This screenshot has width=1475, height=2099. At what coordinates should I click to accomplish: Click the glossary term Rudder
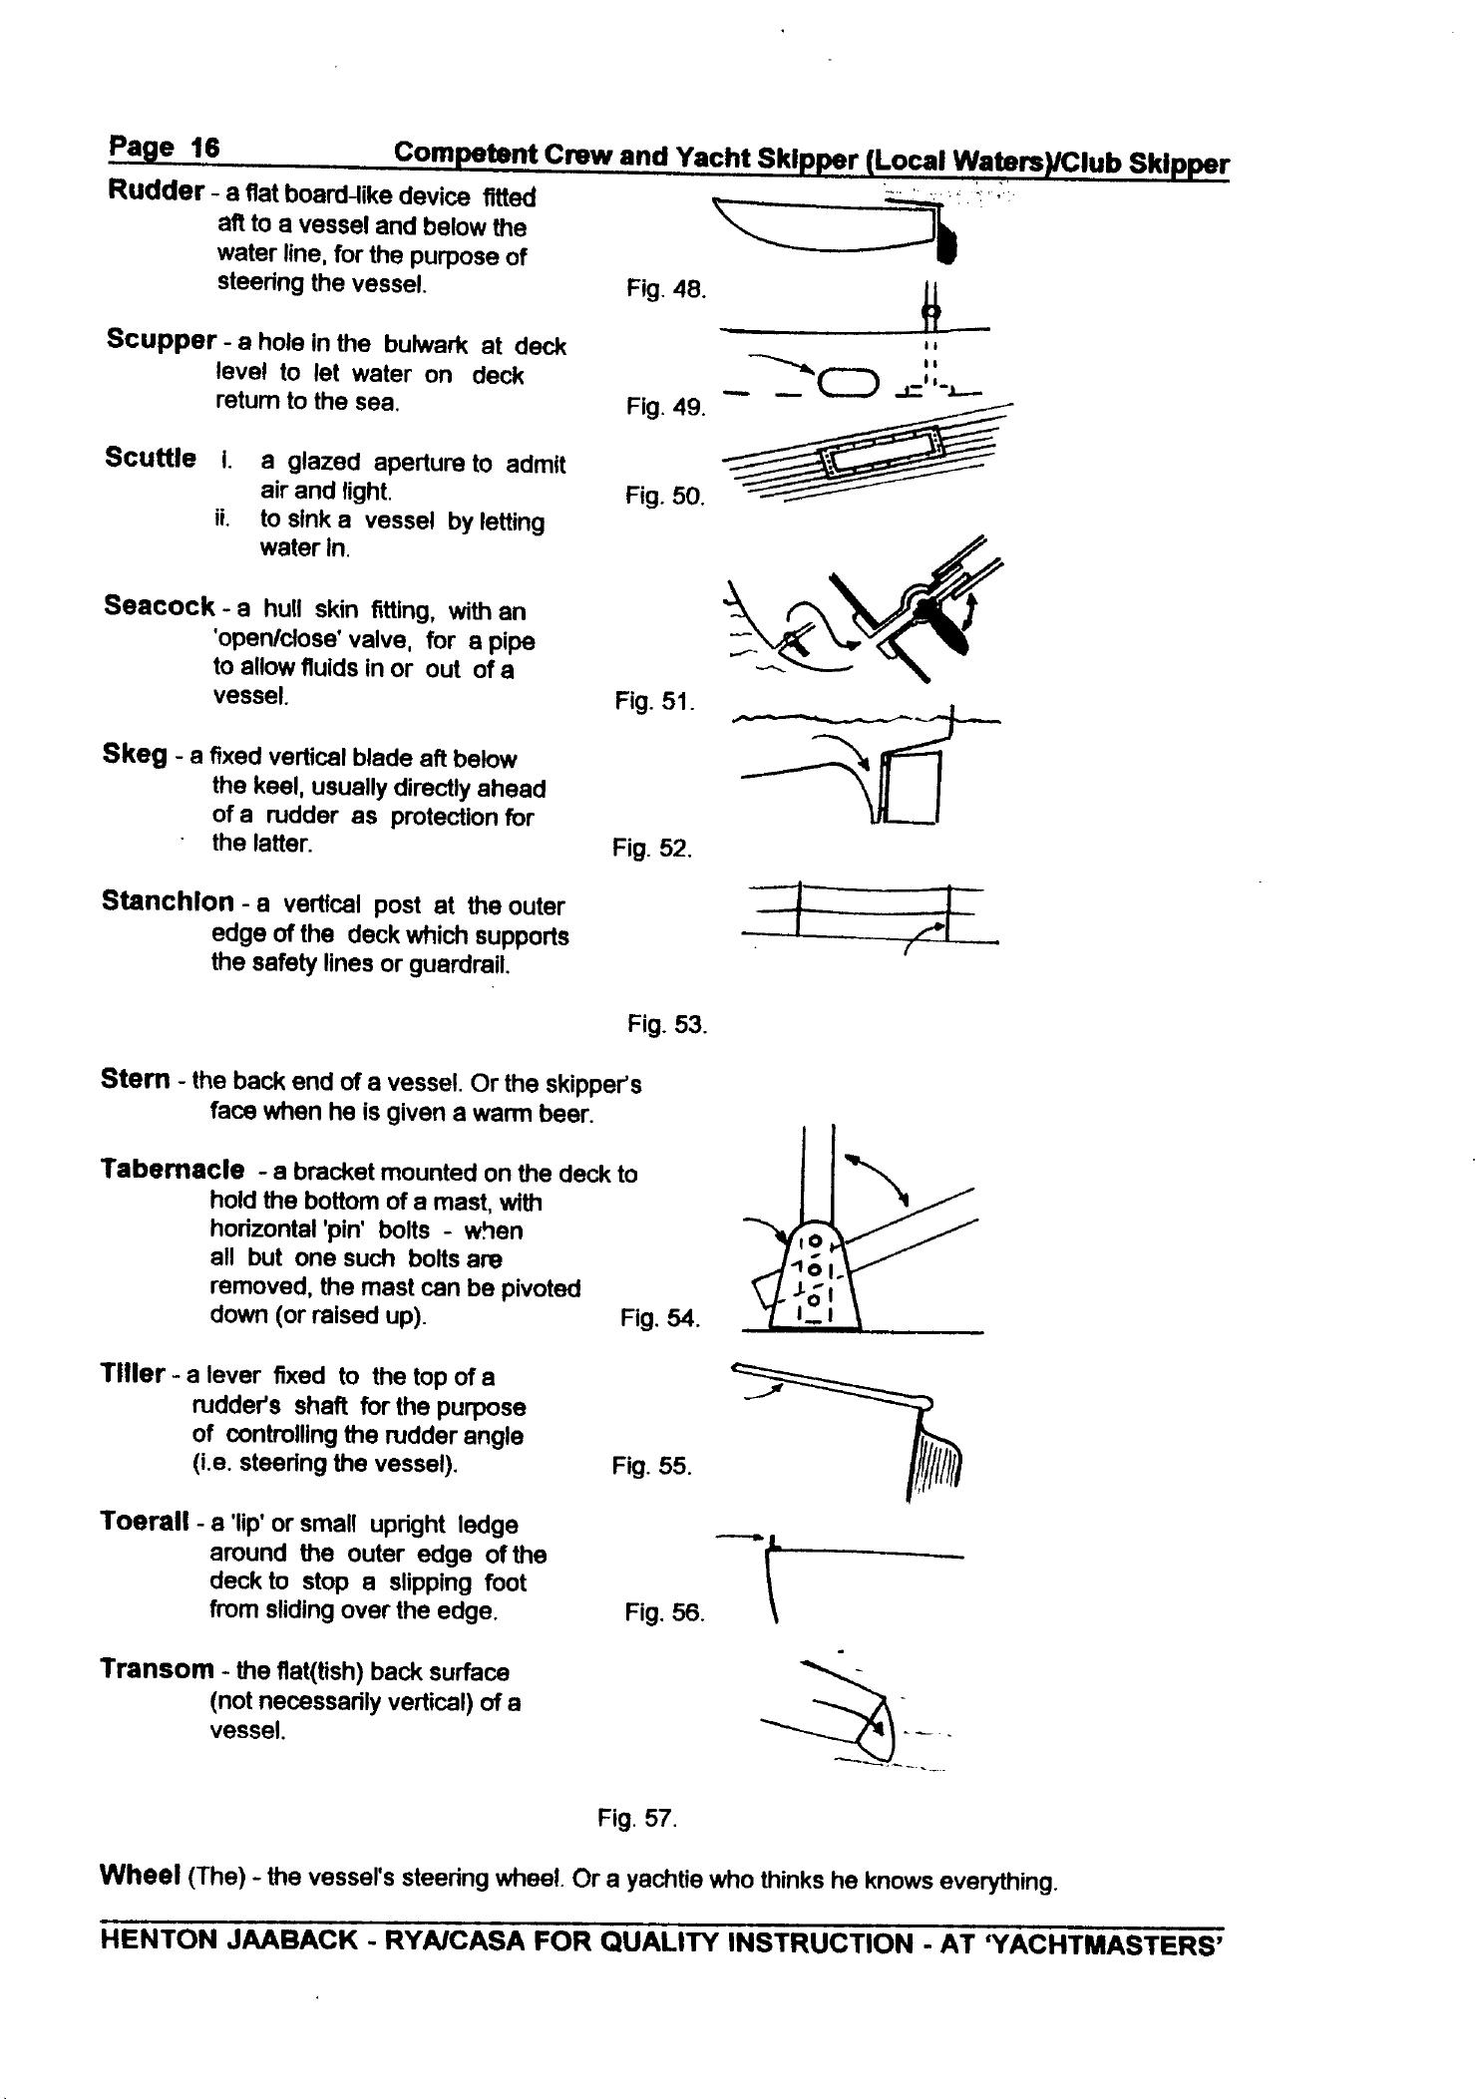tap(155, 191)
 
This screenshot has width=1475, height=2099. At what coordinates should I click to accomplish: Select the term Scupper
tap(161, 340)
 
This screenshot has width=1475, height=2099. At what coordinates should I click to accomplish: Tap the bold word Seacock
tap(159, 606)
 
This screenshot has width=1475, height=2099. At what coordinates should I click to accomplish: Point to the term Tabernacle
tap(172, 1169)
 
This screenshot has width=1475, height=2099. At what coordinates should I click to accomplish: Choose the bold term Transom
tap(157, 1669)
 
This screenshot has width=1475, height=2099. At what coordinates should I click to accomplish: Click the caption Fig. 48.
tap(665, 290)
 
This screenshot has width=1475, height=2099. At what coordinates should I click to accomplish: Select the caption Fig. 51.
tap(654, 702)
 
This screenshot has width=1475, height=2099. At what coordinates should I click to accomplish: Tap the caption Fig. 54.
tap(659, 1318)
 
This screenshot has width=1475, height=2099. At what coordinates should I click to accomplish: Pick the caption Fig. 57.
tap(637, 1818)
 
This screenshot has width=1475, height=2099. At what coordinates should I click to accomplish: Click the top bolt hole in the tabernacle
tap(814, 1241)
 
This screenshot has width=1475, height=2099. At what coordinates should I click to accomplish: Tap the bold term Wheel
tap(140, 1875)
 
